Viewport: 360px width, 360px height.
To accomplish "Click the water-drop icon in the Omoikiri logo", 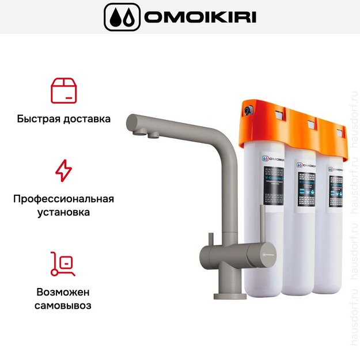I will (122, 17).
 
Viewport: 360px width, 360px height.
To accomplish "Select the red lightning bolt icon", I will (63, 170).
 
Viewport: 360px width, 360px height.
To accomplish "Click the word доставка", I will (86, 120).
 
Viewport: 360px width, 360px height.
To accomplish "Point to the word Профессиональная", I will (63, 199).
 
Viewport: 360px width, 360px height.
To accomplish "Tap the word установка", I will (63, 213).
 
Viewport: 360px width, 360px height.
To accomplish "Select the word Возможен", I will (63, 291).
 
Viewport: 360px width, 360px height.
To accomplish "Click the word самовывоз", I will (63, 305).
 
